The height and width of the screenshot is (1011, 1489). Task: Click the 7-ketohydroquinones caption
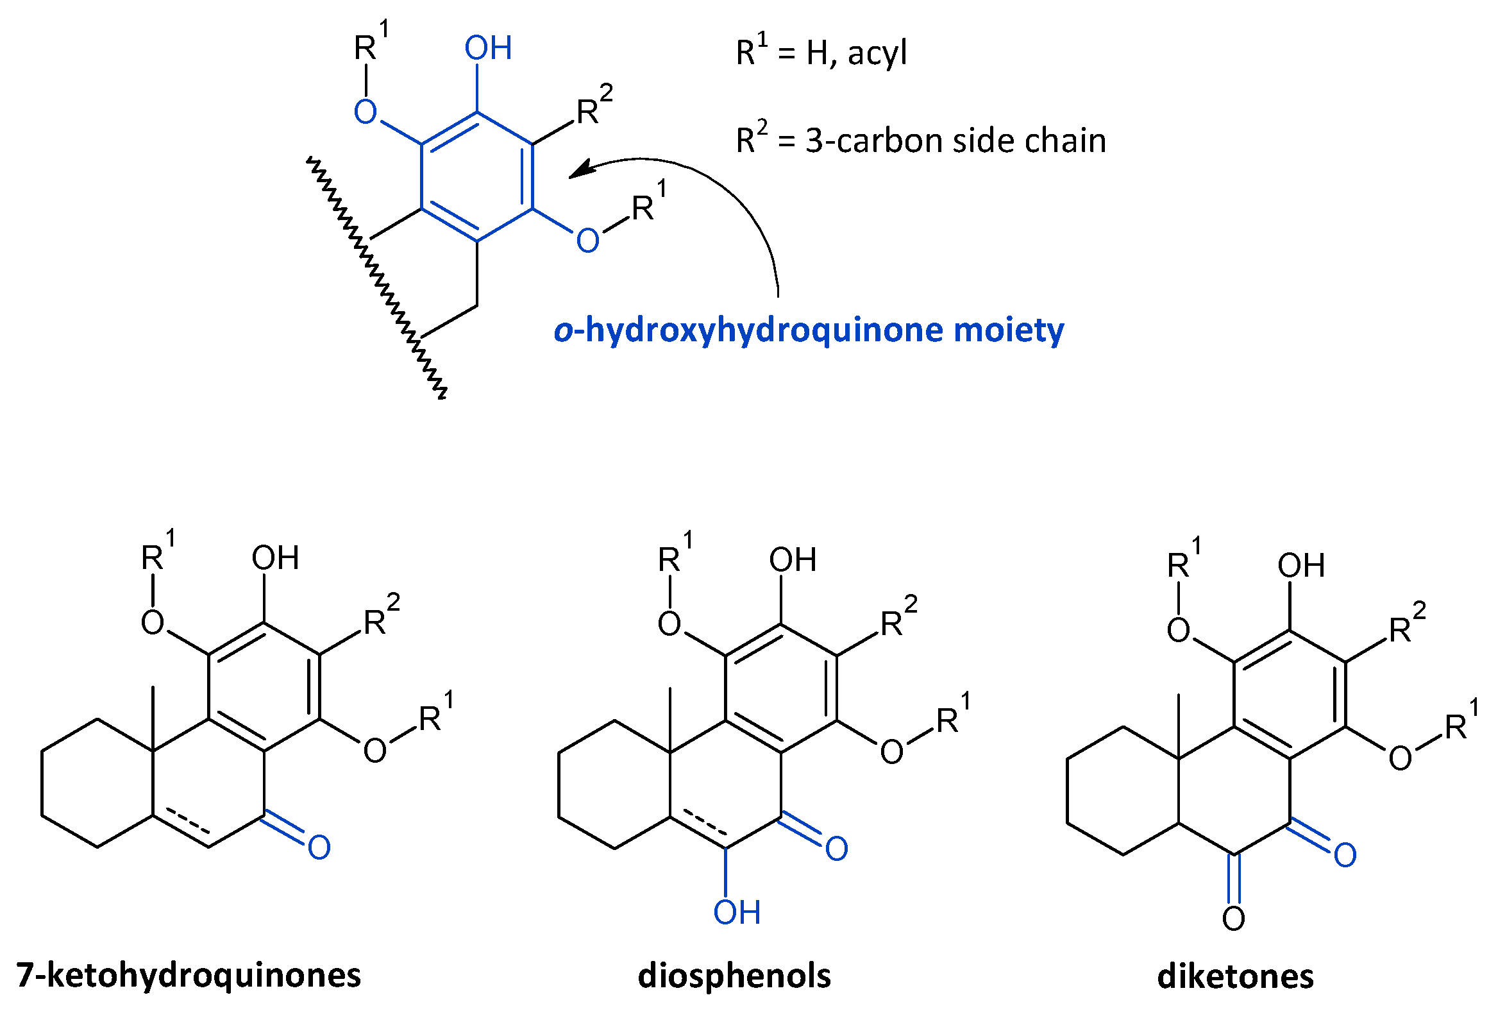(x=189, y=975)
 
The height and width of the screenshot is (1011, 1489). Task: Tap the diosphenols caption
(x=734, y=976)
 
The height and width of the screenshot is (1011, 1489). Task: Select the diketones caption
(x=1235, y=976)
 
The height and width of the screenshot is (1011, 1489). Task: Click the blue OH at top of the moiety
(x=488, y=48)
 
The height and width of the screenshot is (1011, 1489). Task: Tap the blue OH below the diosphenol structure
(x=737, y=912)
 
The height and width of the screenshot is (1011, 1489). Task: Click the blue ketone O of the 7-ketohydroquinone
(x=319, y=847)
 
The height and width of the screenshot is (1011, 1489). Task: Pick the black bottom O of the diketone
(x=1233, y=919)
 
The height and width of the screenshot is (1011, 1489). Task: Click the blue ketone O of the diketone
(x=1345, y=855)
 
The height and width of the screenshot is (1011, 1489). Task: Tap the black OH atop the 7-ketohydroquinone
(x=275, y=557)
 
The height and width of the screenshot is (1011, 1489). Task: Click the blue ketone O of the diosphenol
(x=836, y=849)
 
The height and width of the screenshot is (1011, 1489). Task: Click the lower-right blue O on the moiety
(x=587, y=241)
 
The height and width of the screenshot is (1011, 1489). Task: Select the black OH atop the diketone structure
(x=1300, y=565)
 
